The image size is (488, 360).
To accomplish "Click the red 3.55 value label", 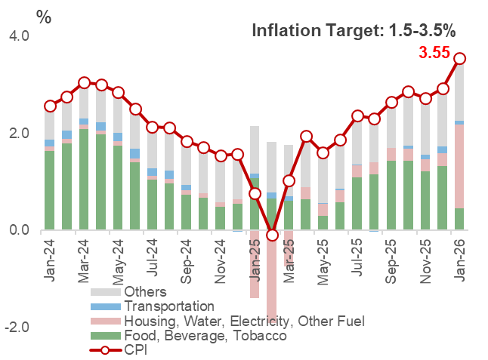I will pos(434,54).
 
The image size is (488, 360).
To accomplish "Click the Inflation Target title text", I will pos(354,31).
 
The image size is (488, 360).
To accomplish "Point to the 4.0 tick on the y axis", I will pos(19,36).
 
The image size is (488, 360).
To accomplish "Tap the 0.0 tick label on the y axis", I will pos(19,230).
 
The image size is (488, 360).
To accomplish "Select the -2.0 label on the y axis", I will pos(17,328).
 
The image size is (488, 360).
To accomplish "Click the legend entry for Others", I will pos(145,292).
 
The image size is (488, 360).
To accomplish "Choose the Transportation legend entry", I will pos(169,306).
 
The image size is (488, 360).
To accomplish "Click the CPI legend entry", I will pos(137,350).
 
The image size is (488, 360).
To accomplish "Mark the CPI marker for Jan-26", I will pos(459,58).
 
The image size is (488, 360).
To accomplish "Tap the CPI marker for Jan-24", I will pos(50,106).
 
